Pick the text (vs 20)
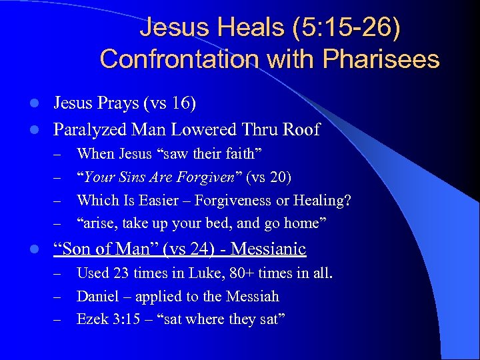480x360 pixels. coord(269,177)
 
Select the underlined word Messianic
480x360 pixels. coord(267,250)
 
